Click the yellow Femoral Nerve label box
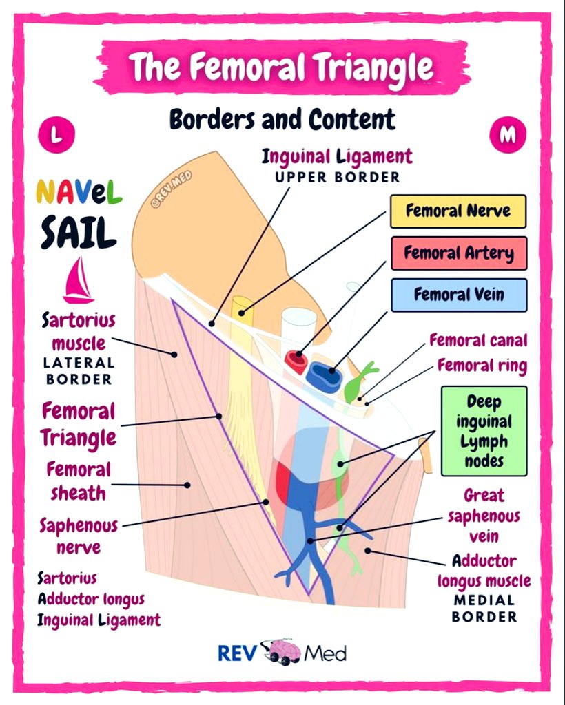(458, 211)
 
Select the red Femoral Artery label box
(458, 253)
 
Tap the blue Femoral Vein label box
(458, 295)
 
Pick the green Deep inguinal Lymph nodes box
(483, 430)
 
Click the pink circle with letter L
(57, 135)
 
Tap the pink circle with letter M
(507, 135)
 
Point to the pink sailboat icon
(78, 280)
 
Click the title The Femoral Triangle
(281, 67)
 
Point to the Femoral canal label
(477, 340)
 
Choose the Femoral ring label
(482, 365)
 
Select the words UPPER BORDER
(337, 177)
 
